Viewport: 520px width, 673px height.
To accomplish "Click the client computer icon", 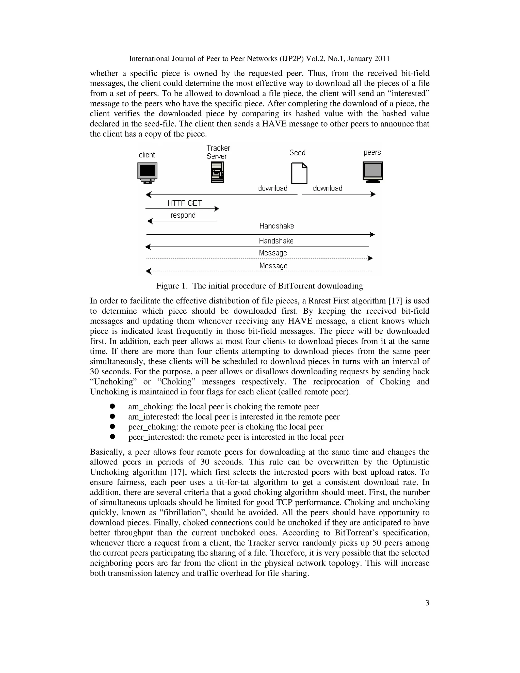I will click(147, 172).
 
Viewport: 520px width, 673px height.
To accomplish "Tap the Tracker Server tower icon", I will click(217, 172).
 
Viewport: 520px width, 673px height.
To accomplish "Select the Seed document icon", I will click(299, 173).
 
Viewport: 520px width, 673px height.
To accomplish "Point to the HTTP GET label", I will click(185, 203).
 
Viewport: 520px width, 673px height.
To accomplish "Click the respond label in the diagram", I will click(183, 215).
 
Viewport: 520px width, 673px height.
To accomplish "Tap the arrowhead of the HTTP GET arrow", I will click(217, 209).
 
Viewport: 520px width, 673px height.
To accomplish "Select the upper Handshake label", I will click(276, 226).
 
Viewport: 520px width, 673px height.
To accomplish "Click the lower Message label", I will click(273, 265).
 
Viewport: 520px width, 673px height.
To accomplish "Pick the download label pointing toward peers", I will click(328, 188).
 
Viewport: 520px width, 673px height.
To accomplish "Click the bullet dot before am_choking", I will click(112, 406).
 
